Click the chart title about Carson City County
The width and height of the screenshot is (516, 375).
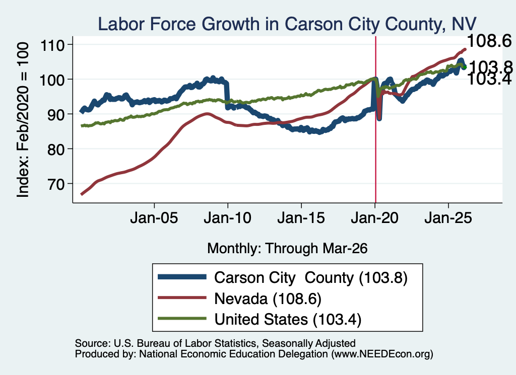(x=287, y=24)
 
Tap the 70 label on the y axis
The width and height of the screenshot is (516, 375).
(x=55, y=184)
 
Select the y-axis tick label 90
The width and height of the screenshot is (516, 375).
(x=55, y=114)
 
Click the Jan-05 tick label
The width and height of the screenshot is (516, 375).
(x=154, y=218)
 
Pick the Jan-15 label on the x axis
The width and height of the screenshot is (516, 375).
(x=301, y=218)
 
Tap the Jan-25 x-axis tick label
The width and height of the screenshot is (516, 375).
(x=448, y=218)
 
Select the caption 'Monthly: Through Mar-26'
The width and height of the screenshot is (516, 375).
(x=287, y=249)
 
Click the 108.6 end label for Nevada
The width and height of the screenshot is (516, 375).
(x=489, y=41)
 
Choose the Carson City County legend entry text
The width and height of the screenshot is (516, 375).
(x=310, y=278)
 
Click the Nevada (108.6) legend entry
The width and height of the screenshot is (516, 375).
(x=268, y=299)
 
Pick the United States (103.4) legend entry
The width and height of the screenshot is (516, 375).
(x=288, y=320)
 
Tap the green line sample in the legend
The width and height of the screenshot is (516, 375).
(x=182, y=319)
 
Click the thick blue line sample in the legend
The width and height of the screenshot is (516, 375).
(x=182, y=277)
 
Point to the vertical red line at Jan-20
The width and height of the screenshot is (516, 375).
(x=375, y=120)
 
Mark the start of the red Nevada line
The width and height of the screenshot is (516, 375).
(x=82, y=194)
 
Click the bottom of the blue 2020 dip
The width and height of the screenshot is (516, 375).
(x=379, y=118)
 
